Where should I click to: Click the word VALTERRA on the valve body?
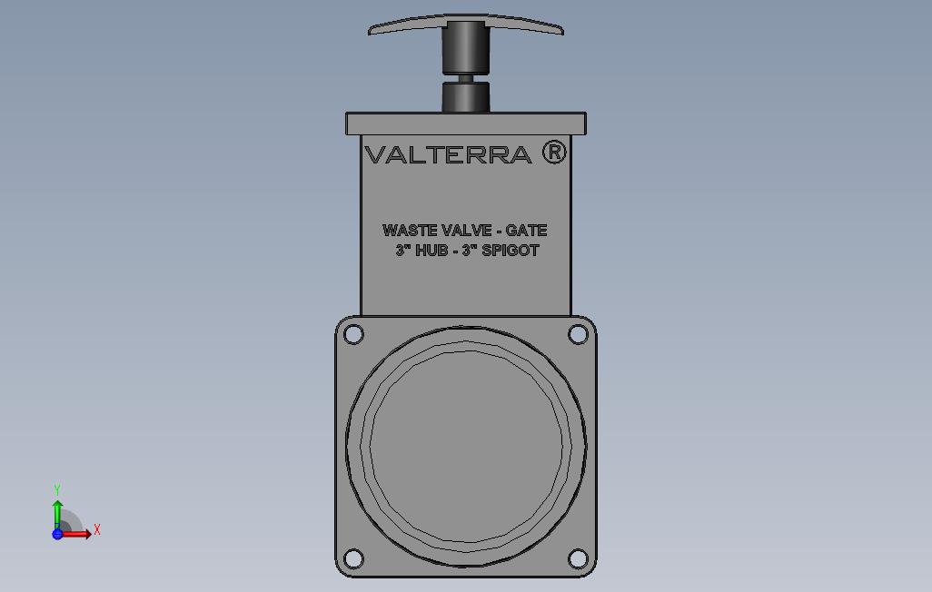(x=448, y=154)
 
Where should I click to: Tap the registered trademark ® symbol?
(x=554, y=152)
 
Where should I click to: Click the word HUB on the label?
(x=431, y=251)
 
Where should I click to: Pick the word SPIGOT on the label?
(x=510, y=251)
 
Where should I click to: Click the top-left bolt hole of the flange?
(x=354, y=334)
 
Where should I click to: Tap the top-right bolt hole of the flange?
(x=578, y=334)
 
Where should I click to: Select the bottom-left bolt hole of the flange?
(x=354, y=557)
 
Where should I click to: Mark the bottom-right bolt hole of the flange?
(x=578, y=557)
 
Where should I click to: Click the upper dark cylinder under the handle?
(x=465, y=47)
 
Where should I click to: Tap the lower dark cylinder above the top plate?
(x=465, y=97)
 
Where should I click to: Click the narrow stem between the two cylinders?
(x=465, y=79)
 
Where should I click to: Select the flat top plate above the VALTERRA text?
(x=466, y=123)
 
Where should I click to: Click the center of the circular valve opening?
(x=466, y=447)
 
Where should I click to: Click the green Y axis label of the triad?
(x=57, y=490)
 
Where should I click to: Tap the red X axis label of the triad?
(x=97, y=529)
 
